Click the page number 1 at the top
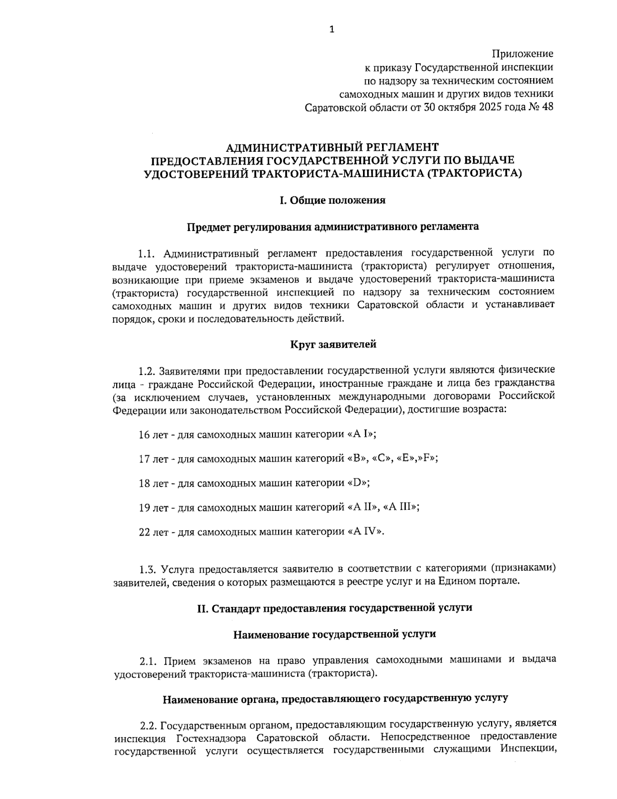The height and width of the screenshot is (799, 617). coord(332,30)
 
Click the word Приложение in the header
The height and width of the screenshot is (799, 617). coord(522,54)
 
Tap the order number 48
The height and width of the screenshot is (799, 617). coord(547,107)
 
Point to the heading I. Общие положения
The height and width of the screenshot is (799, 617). coord(333,200)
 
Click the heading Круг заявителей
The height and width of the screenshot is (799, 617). coord(333,344)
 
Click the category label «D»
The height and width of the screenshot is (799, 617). coord(358,483)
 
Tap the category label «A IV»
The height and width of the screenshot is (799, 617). coord(366,531)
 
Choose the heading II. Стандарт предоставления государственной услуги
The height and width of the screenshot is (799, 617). coord(335,608)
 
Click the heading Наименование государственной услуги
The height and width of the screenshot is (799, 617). coord(335,634)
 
